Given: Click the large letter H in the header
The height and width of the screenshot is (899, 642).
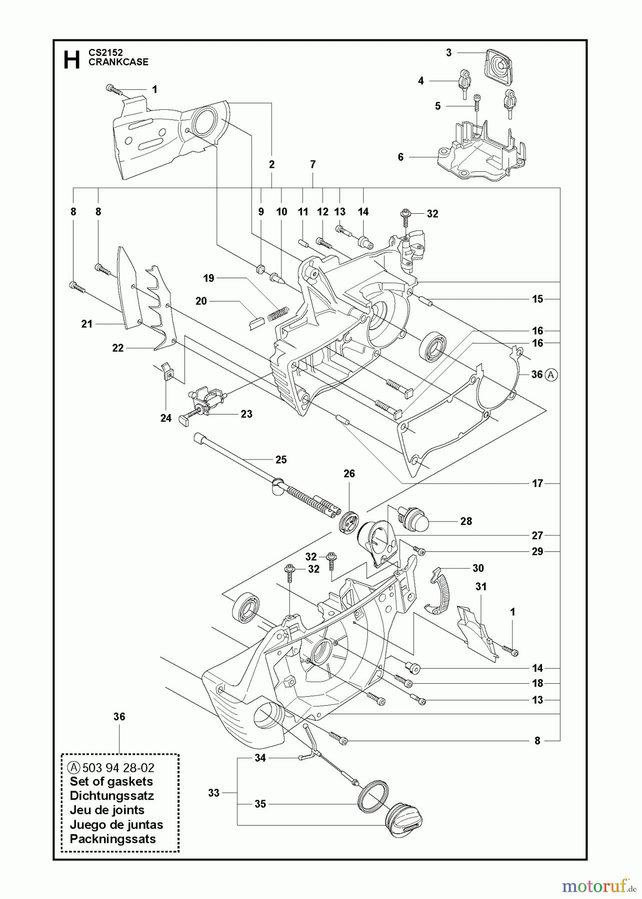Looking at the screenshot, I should pyautogui.click(x=71, y=59).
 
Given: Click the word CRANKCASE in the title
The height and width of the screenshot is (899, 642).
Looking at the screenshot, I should pyautogui.click(x=118, y=62).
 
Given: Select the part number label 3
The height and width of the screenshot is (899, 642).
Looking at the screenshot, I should pyautogui.click(x=448, y=52).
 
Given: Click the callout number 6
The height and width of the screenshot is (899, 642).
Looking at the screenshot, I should pyautogui.click(x=400, y=157).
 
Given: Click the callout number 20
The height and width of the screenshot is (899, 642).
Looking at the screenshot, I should pyautogui.click(x=201, y=301).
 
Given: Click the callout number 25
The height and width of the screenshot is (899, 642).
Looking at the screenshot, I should pyautogui.click(x=281, y=459).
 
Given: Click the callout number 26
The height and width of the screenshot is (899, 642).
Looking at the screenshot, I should pyautogui.click(x=349, y=473).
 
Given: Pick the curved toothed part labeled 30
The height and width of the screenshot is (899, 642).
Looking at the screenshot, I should pyautogui.click(x=439, y=592).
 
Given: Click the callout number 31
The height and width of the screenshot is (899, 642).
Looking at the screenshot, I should pyautogui.click(x=480, y=586).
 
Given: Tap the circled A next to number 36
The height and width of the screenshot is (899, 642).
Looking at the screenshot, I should pyautogui.click(x=551, y=374).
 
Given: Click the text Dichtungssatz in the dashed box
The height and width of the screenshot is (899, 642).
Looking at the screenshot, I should pyautogui.click(x=111, y=796).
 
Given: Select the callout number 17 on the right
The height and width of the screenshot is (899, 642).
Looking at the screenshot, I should pyautogui.click(x=537, y=483).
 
